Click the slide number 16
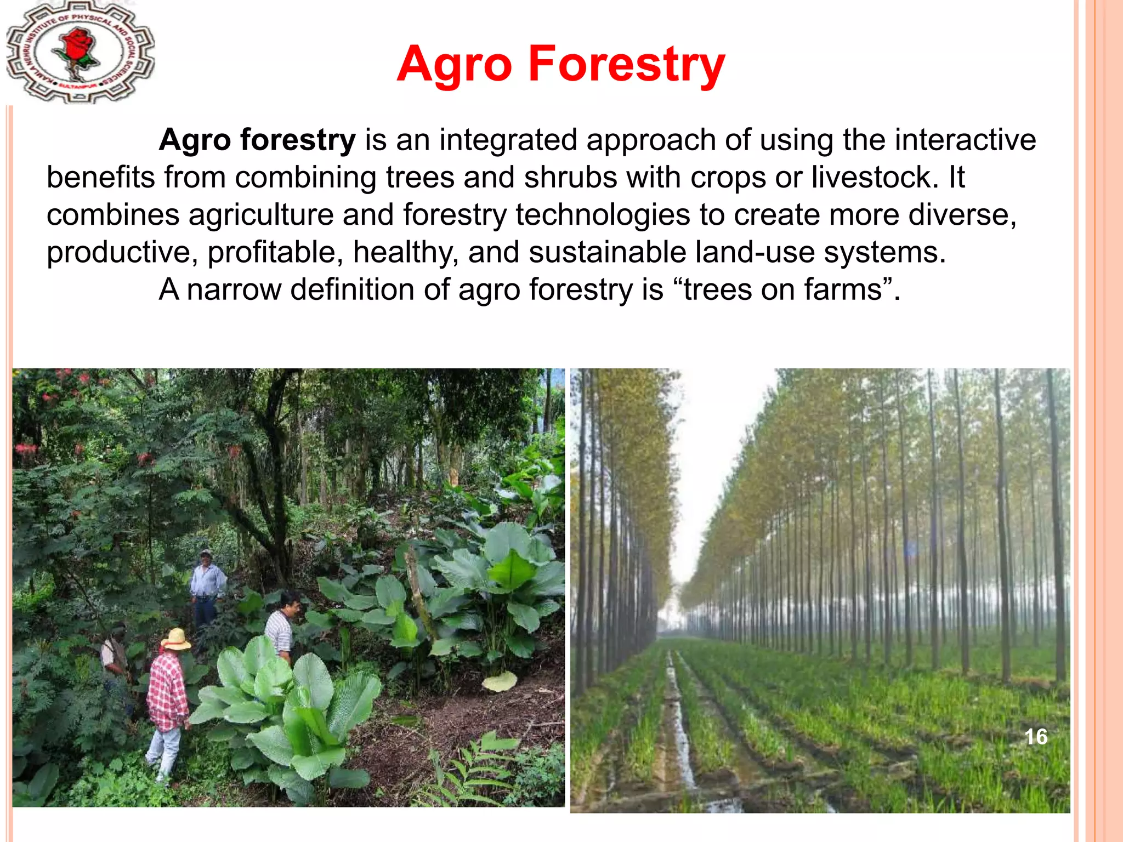1035,737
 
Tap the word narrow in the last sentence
233,289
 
